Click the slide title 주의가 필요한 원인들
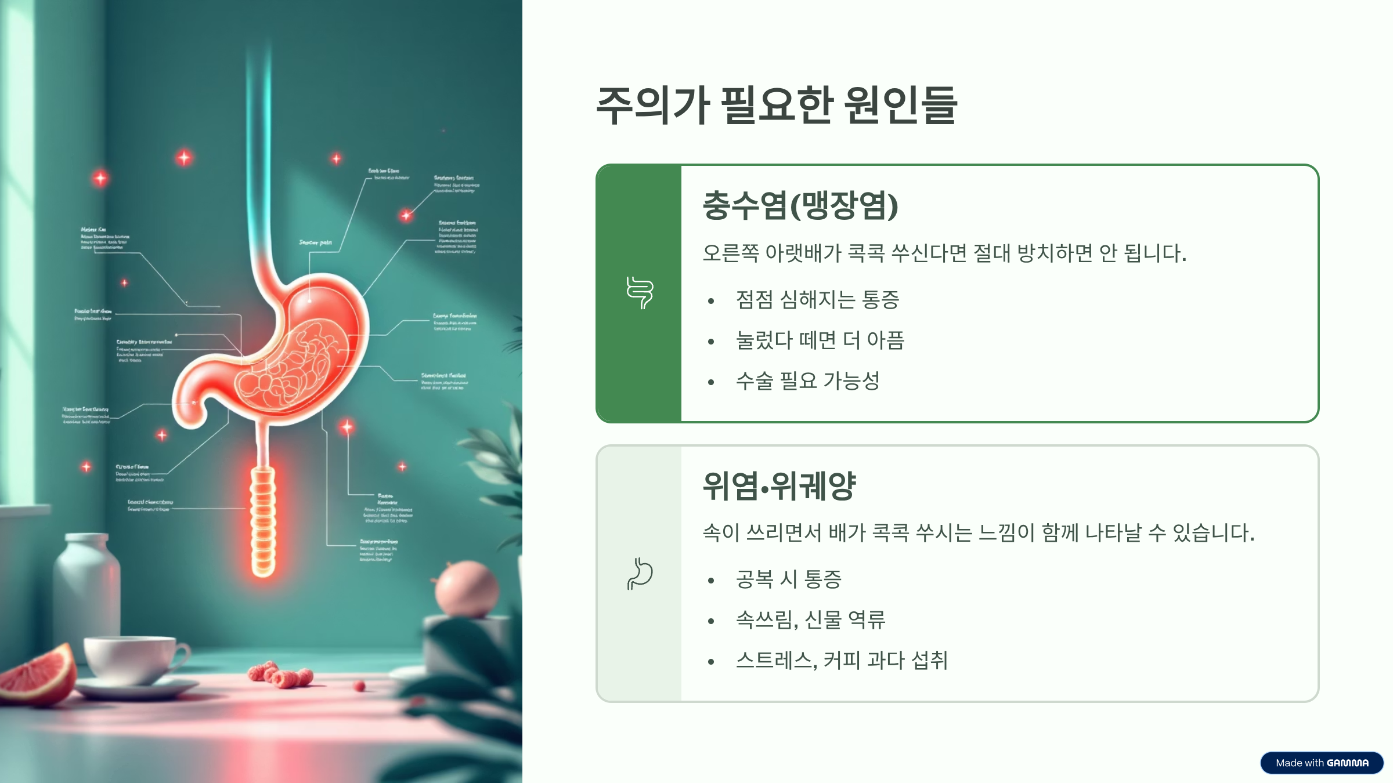[776, 106]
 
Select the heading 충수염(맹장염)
[800, 206]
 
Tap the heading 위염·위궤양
[779, 486]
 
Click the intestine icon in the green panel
[640, 293]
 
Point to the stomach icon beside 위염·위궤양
[640, 574]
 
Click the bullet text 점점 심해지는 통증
[817, 300]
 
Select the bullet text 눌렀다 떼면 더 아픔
[820, 340]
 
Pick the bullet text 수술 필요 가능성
[807, 381]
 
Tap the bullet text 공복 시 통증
[788, 579]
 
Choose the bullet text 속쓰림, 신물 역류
[810, 620]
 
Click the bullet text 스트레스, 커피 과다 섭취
[842, 661]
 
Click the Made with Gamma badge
[1322, 763]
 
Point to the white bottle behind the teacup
[87, 586]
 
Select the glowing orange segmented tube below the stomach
[263, 522]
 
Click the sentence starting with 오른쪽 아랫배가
[944, 253]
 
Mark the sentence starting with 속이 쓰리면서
[978, 533]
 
